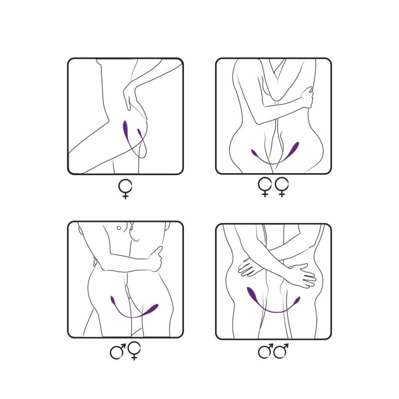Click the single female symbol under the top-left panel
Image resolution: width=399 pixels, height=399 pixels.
(x=125, y=189)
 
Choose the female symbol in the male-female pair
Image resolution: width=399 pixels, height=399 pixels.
(x=134, y=351)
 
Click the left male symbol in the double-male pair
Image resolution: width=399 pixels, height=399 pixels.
(x=265, y=352)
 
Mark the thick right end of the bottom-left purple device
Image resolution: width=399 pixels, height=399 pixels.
(x=151, y=308)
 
